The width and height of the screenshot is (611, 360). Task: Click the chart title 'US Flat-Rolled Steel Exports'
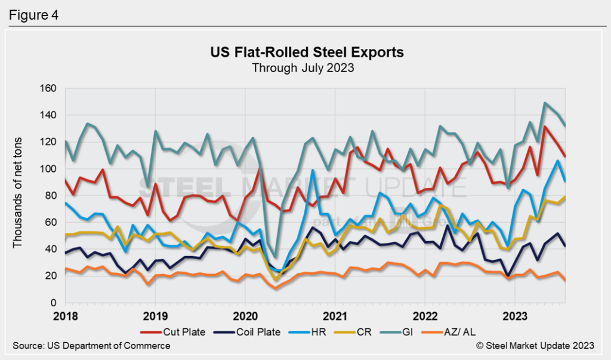[307, 53]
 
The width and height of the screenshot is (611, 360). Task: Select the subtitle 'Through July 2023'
[303, 67]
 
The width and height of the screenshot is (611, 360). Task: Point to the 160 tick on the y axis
[48, 88]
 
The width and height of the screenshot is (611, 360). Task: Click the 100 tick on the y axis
[48, 169]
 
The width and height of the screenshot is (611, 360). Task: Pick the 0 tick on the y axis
[53, 303]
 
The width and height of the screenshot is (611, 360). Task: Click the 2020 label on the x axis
[245, 315]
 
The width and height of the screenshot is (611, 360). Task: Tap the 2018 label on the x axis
[65, 315]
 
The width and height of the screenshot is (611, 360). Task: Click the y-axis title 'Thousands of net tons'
[18, 196]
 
